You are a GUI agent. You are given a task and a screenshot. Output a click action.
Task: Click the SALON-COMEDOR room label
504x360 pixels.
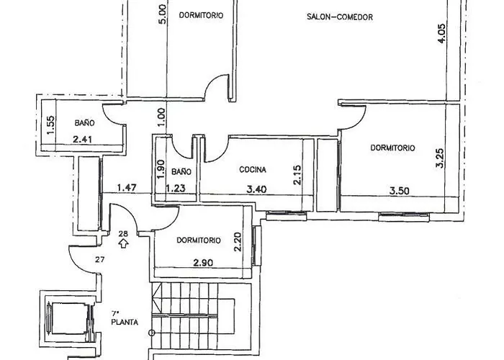click(339, 17)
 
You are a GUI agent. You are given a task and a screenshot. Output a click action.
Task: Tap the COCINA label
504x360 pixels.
click(253, 171)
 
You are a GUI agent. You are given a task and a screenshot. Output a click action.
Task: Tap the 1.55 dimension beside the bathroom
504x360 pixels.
click(49, 126)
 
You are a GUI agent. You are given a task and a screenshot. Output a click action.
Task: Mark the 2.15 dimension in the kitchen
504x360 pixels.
click(297, 176)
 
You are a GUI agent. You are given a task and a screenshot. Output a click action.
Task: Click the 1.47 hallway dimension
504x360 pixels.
click(127, 189)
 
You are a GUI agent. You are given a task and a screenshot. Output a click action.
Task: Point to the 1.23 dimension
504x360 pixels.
click(176, 189)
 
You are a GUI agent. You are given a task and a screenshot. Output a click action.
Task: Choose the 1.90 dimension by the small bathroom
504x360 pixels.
click(161, 168)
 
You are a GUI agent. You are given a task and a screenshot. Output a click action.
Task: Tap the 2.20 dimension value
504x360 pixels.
click(237, 240)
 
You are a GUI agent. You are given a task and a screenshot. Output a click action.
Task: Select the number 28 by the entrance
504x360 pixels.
click(123, 234)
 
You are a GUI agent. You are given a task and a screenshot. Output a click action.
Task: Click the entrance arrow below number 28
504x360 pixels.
click(123, 244)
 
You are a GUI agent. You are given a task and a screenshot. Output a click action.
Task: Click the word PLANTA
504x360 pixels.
click(125, 323)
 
